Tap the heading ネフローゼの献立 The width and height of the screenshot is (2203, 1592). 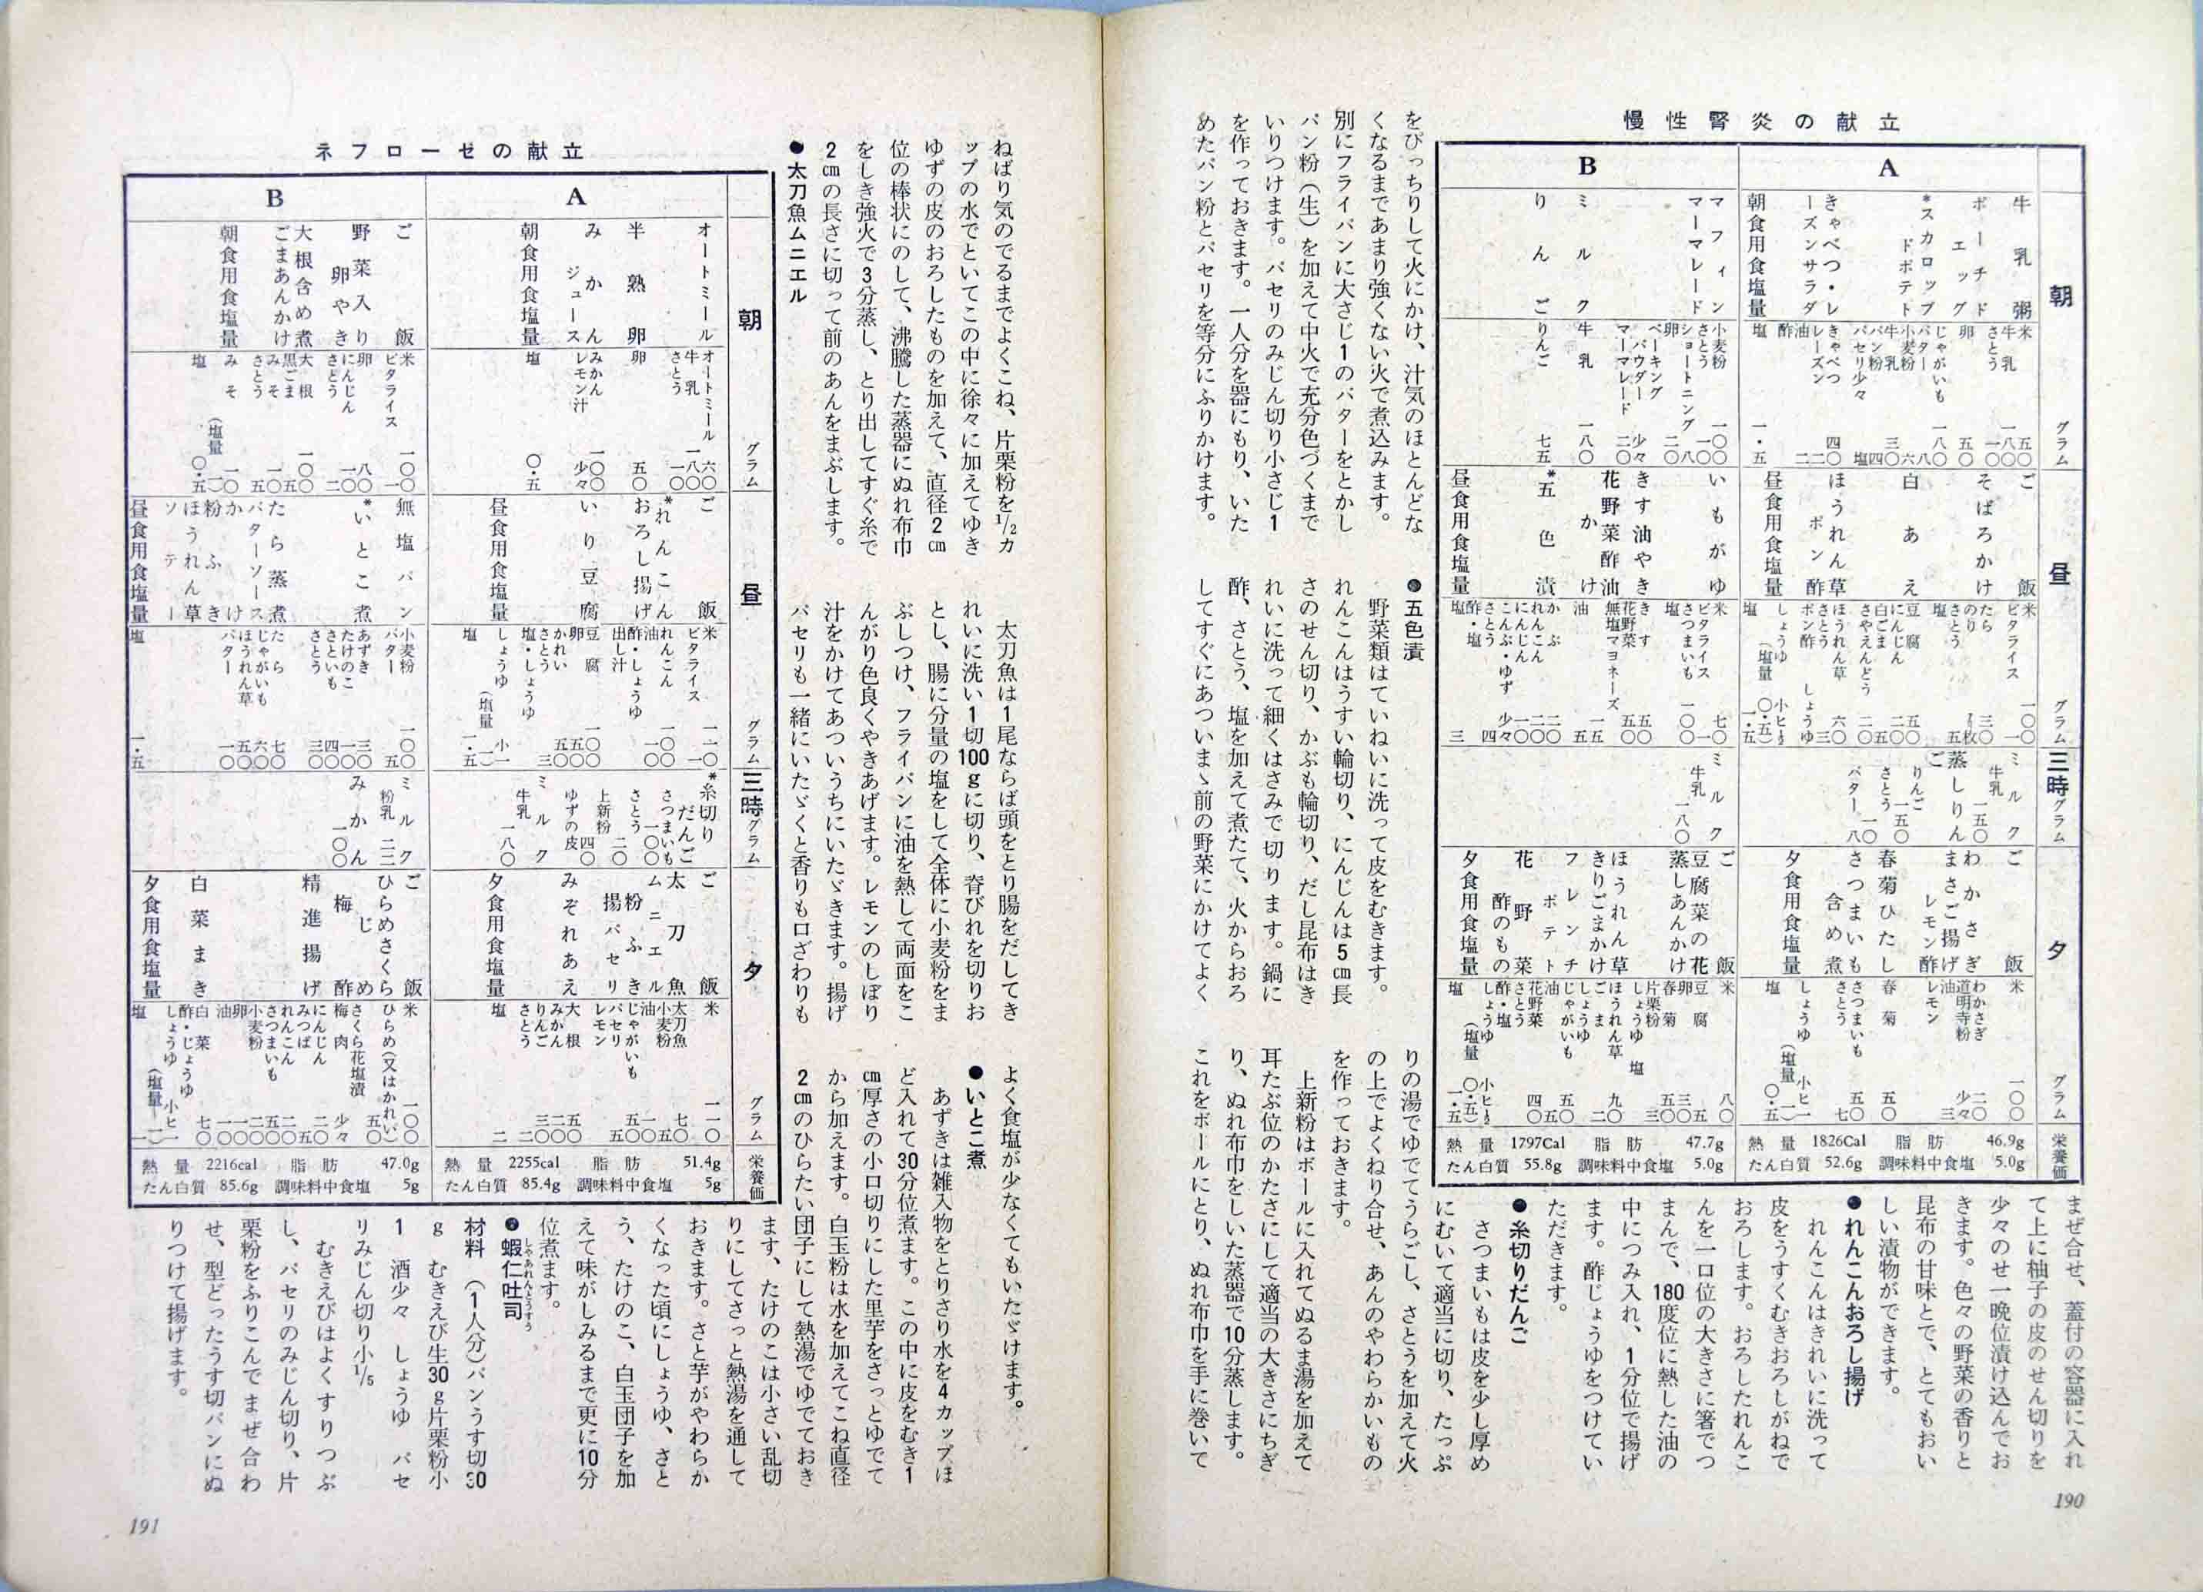click(x=449, y=151)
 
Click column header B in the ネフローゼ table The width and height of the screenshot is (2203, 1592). click(x=275, y=199)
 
